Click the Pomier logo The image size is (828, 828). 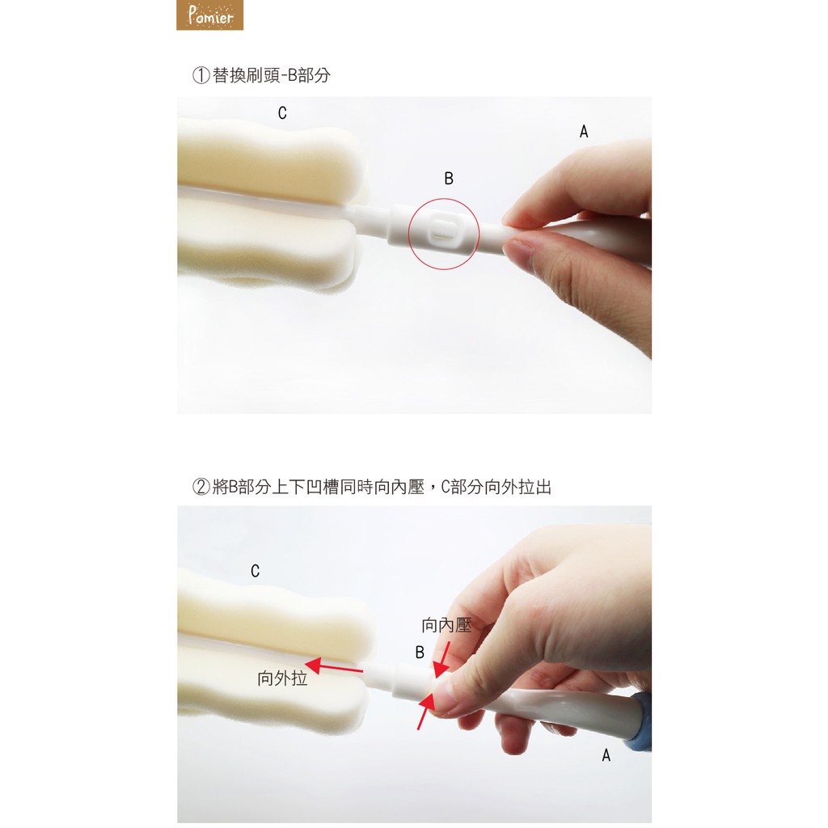point(209,15)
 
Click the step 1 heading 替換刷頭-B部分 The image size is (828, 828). point(272,75)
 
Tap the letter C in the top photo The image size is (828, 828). point(282,113)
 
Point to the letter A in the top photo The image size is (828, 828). point(584,132)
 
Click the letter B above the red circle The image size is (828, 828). point(449,179)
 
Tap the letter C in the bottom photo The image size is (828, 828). point(255,571)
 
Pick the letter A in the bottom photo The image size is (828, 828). point(606,756)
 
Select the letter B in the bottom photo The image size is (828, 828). point(420,653)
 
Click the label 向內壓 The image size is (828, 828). point(446,626)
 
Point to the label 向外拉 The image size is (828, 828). point(282,678)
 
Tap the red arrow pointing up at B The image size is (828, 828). point(427,711)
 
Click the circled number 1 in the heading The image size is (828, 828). point(201,75)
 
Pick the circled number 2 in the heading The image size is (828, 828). point(201,487)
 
